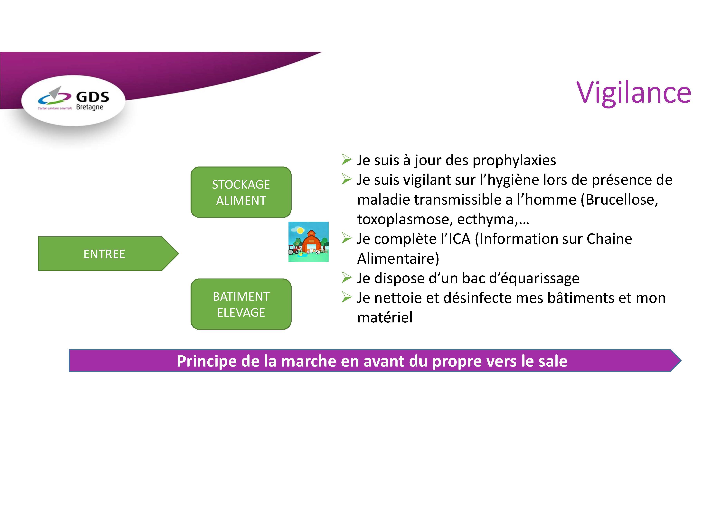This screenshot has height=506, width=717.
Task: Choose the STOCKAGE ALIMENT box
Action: point(241,192)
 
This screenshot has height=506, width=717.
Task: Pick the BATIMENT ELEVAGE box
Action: point(241,304)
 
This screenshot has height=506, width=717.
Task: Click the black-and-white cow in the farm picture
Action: point(318,252)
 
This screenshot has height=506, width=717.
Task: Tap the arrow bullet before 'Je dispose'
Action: point(347,277)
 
